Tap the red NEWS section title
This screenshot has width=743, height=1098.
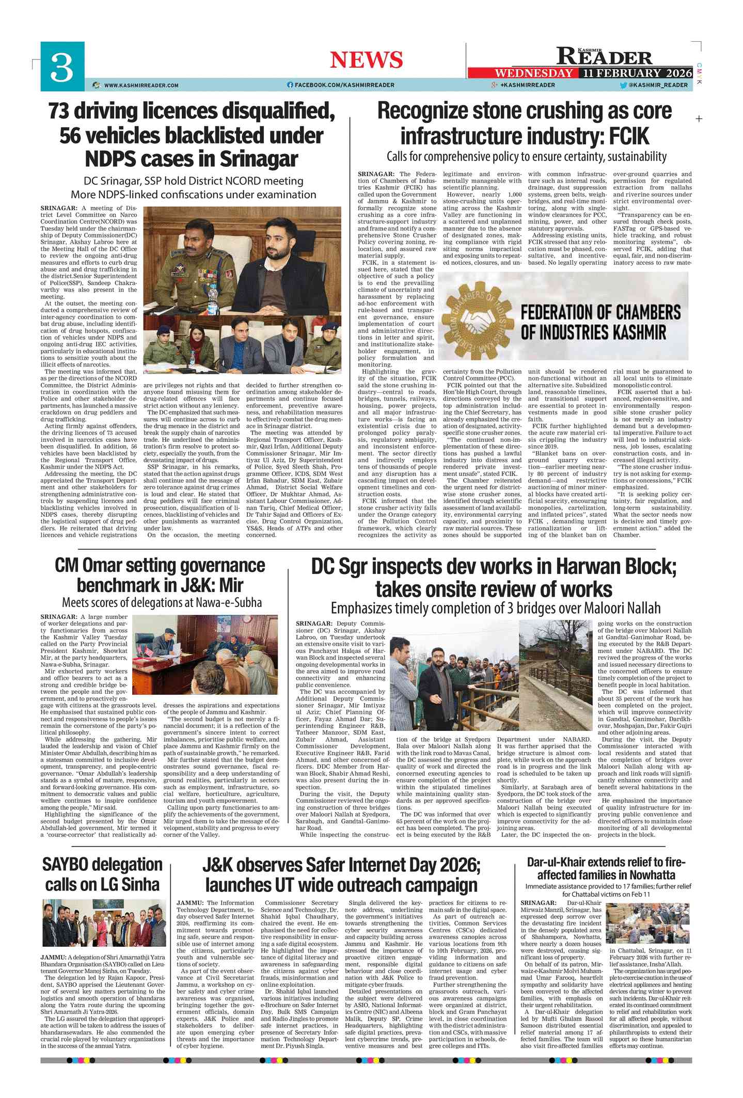tap(366, 60)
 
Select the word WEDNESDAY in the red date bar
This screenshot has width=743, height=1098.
tap(533, 73)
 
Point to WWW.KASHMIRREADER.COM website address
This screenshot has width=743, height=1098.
tap(141, 85)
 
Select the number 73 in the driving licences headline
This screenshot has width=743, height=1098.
tap(59, 111)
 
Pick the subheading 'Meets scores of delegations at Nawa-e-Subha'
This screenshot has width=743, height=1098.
tap(162, 602)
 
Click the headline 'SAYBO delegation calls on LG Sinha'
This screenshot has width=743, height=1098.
tap(102, 874)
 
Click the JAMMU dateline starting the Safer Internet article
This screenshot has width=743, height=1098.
tap(190, 903)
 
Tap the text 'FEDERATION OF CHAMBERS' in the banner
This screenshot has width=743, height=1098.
tap(600, 312)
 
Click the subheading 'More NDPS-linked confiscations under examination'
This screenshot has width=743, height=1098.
tap(193, 195)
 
